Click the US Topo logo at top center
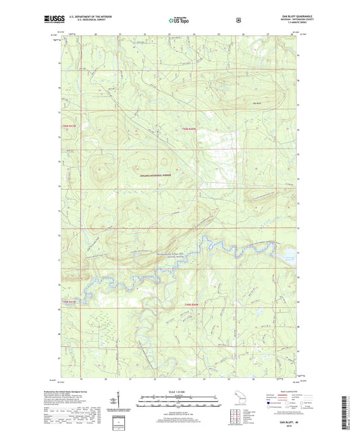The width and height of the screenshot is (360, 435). click(179, 21)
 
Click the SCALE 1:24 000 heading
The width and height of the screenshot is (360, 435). click(179, 393)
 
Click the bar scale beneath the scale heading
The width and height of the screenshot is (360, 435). click(179, 404)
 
